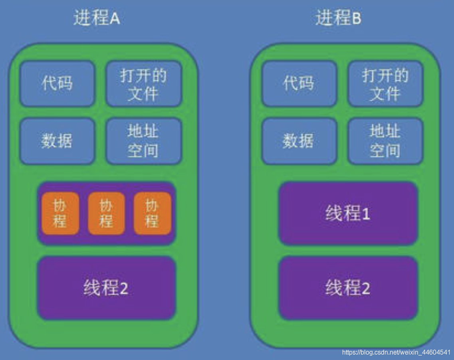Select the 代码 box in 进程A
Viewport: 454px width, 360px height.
[x=57, y=83]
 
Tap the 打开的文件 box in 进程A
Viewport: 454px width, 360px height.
[x=143, y=84]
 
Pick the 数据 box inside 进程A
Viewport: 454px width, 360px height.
[x=57, y=141]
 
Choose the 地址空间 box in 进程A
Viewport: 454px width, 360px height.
[x=143, y=141]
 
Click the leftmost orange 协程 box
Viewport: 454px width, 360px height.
[x=60, y=214]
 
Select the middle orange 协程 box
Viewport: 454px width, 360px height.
[x=106, y=214]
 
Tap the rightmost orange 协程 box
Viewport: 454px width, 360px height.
[x=152, y=214]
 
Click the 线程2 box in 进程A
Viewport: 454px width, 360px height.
[x=106, y=288]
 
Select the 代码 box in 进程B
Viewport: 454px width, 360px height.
[x=299, y=83]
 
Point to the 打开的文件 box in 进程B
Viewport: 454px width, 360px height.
[x=385, y=84]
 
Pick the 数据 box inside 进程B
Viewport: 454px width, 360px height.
[x=299, y=141]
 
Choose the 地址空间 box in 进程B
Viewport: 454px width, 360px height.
[x=385, y=141]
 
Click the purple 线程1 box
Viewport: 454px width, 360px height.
[x=348, y=214]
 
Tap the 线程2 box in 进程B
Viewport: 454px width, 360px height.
[x=348, y=288]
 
